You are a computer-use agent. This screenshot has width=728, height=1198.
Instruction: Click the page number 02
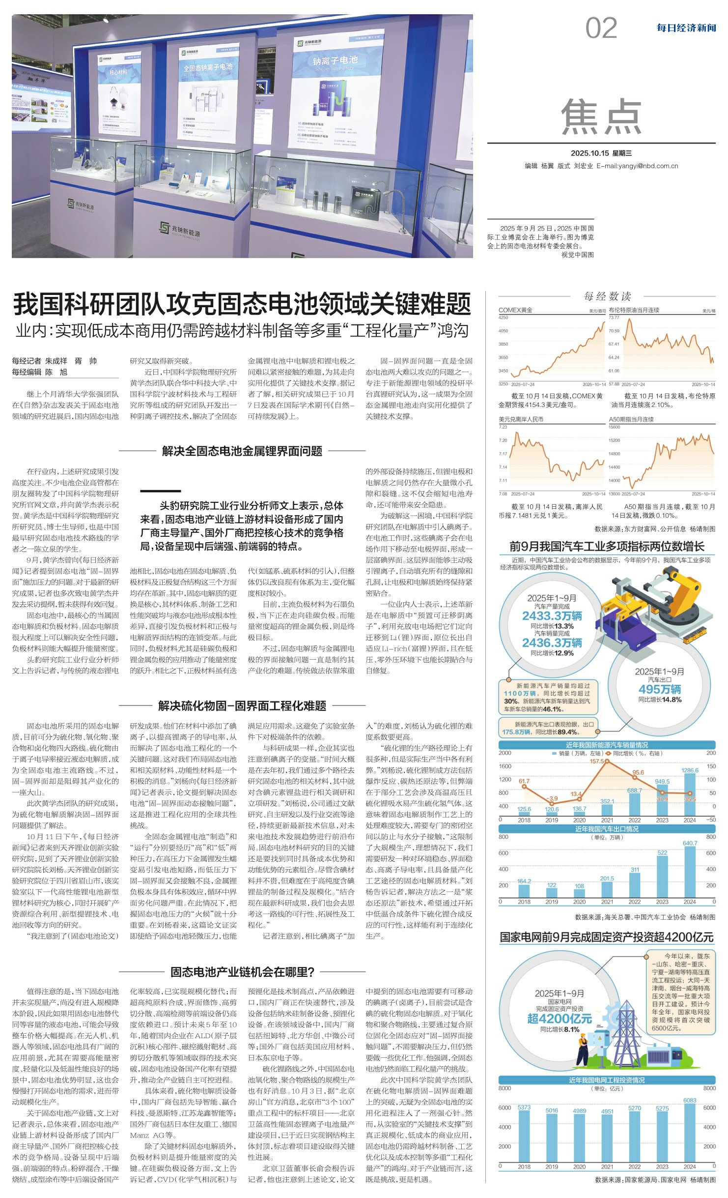(x=601, y=28)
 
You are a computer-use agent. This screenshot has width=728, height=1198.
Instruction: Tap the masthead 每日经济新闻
(x=686, y=28)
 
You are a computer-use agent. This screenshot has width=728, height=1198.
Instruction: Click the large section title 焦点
(x=601, y=117)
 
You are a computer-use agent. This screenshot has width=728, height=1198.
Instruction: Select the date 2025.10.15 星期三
(x=601, y=153)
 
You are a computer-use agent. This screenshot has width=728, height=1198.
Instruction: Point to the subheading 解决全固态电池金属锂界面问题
(x=242, y=451)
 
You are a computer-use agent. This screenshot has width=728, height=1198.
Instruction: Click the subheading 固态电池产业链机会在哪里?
(x=242, y=972)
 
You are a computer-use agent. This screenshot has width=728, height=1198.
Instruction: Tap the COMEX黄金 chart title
(x=515, y=310)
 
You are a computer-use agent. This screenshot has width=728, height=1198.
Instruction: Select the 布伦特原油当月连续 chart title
(x=634, y=310)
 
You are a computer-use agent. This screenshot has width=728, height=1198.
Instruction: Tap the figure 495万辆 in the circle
(x=660, y=689)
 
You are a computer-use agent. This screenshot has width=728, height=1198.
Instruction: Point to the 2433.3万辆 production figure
(x=552, y=616)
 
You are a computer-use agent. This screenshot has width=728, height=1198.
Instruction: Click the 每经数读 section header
(x=607, y=296)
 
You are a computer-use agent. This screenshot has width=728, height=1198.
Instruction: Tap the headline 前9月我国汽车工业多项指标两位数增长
(x=607, y=546)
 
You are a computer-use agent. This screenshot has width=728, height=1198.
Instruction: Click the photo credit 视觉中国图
(x=577, y=255)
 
